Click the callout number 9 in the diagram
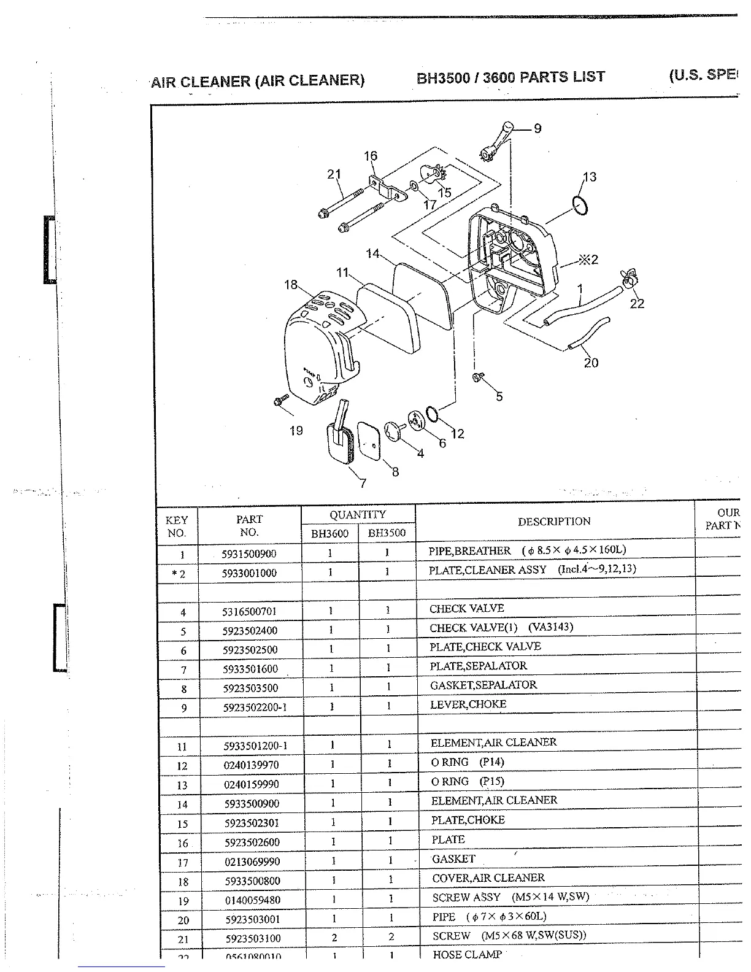[x=537, y=128]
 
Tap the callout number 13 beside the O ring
[x=590, y=177]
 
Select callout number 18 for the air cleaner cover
[x=291, y=285]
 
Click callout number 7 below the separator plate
[x=363, y=483]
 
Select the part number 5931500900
[x=249, y=553]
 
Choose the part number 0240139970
[x=250, y=765]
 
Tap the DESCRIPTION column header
[x=554, y=522]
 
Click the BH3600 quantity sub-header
[x=329, y=533]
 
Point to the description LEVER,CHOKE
[x=468, y=704]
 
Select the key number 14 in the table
[x=183, y=804]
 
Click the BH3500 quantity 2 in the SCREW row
[x=390, y=937]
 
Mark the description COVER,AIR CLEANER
[x=488, y=878]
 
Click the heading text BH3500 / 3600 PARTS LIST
[x=510, y=77]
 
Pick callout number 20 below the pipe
[x=591, y=363]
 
